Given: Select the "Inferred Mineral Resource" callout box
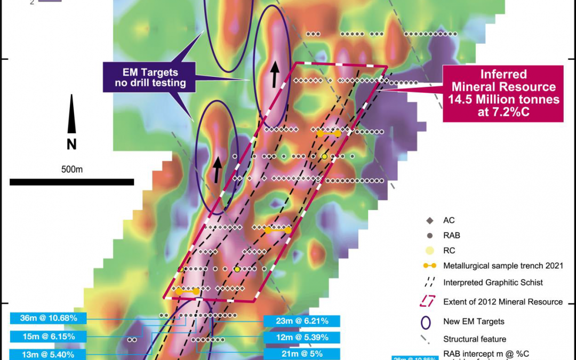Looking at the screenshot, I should [x=503, y=94].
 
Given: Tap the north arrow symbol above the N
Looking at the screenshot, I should [x=71, y=114].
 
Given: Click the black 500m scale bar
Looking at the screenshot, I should [x=71, y=182].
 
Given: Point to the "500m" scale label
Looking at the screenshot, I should [x=71, y=170].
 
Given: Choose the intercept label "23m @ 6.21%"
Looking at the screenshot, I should [x=302, y=321].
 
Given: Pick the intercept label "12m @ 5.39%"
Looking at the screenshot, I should [x=302, y=338].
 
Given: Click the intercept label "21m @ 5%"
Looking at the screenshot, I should [x=302, y=354].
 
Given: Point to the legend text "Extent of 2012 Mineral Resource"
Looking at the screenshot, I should [x=502, y=302].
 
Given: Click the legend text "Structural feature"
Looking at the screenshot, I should [x=474, y=339].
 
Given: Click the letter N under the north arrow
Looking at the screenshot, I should [x=71, y=144].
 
